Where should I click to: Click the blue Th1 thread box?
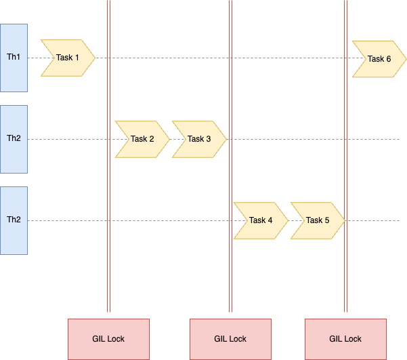tap(14, 58)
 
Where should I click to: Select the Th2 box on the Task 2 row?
tap(14, 139)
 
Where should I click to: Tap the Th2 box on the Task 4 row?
tap(14, 221)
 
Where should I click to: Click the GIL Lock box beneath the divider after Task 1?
tap(108, 339)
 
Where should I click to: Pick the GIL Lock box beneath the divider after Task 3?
tap(230, 339)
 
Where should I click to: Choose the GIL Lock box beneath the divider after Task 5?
tap(345, 339)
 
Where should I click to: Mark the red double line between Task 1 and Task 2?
tap(108, 156)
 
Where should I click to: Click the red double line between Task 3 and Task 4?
tap(230, 156)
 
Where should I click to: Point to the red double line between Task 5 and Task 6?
tap(345, 156)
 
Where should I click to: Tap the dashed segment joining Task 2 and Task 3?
tap(177, 139)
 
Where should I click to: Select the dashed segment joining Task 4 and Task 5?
tap(296, 221)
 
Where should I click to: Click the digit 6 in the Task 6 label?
tap(388, 59)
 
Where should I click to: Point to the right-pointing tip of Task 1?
tap(95, 58)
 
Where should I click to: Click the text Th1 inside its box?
tap(14, 57)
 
